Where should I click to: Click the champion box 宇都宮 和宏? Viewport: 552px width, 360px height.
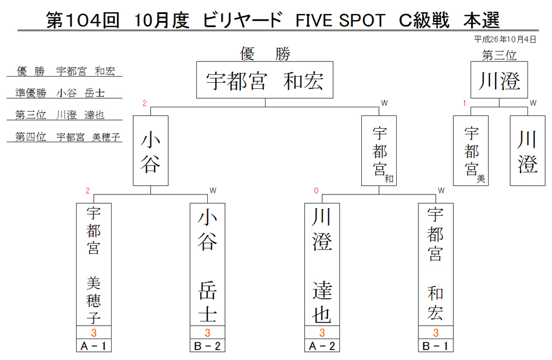pyautogui.click(x=265, y=80)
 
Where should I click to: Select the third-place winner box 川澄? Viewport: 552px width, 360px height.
pyautogui.click(x=499, y=80)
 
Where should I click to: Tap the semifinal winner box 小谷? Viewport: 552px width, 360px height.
pyautogui.click(x=151, y=151)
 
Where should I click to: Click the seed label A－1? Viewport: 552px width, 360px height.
pyautogui.click(x=94, y=345)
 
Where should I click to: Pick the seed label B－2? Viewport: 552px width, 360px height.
pyautogui.click(x=207, y=345)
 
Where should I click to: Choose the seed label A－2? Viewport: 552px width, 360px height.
pyautogui.click(x=322, y=345)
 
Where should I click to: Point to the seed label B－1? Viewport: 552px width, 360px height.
pyautogui.click(x=436, y=345)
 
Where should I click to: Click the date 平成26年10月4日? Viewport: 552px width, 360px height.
pyautogui.click(x=505, y=39)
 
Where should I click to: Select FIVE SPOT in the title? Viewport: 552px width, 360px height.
pyautogui.click(x=340, y=20)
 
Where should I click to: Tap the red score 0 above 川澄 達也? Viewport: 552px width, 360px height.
pyautogui.click(x=316, y=191)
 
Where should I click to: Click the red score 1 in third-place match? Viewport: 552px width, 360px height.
pyautogui.click(x=464, y=103)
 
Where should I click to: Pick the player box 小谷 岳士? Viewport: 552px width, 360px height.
pyautogui.click(x=207, y=264)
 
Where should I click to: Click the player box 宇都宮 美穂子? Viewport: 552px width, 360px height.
pyautogui.click(x=94, y=264)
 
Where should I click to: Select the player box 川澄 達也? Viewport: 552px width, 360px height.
pyautogui.click(x=322, y=264)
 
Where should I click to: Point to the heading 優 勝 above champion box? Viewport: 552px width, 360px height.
pyautogui.click(x=265, y=54)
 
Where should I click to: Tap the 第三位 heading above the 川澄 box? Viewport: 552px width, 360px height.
pyautogui.click(x=499, y=55)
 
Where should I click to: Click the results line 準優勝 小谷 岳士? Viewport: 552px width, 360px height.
pyautogui.click(x=60, y=93)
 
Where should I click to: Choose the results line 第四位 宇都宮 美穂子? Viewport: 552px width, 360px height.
pyautogui.click(x=67, y=137)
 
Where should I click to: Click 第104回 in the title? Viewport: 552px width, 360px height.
pyautogui.click(x=83, y=20)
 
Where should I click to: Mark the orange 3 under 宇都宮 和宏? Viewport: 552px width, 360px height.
pyautogui.click(x=436, y=332)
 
